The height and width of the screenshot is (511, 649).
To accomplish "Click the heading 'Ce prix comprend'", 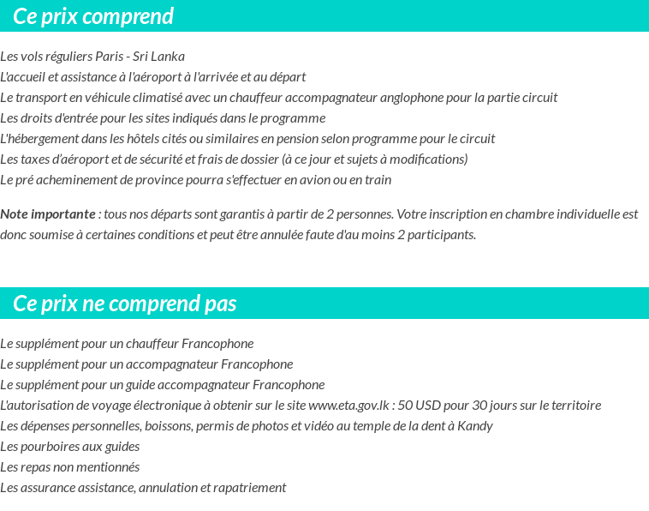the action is (x=93, y=16).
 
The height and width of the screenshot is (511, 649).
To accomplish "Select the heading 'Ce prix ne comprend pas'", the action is (x=125, y=304).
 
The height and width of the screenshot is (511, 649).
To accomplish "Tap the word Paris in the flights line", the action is (x=104, y=57).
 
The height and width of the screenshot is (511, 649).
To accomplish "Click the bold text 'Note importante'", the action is (x=48, y=214).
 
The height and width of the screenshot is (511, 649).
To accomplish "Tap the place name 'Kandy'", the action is (x=475, y=426).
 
